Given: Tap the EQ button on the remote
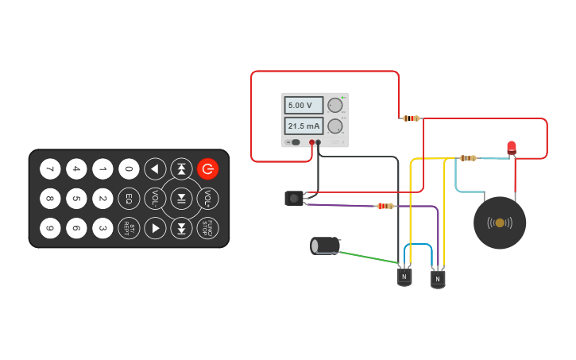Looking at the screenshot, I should tap(129, 198).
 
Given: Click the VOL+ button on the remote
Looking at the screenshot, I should tap(207, 198).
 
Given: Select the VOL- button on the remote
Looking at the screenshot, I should tap(155, 198).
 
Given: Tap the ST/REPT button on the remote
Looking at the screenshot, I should tap(129, 228).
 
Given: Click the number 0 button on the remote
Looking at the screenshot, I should tap(129, 168).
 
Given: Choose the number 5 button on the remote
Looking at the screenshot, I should tap(76, 198).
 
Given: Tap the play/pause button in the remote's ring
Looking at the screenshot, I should tap(181, 198).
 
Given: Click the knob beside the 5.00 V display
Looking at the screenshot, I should tap(335, 105).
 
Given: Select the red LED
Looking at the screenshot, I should tap(511, 147).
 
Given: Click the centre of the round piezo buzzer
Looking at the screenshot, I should tap(500, 223).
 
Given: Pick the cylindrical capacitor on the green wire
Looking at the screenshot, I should tap(325, 246).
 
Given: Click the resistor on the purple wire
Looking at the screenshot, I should tap(385, 207).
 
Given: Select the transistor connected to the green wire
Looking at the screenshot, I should tap(404, 277).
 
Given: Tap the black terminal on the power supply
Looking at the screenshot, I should tap(319, 142).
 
